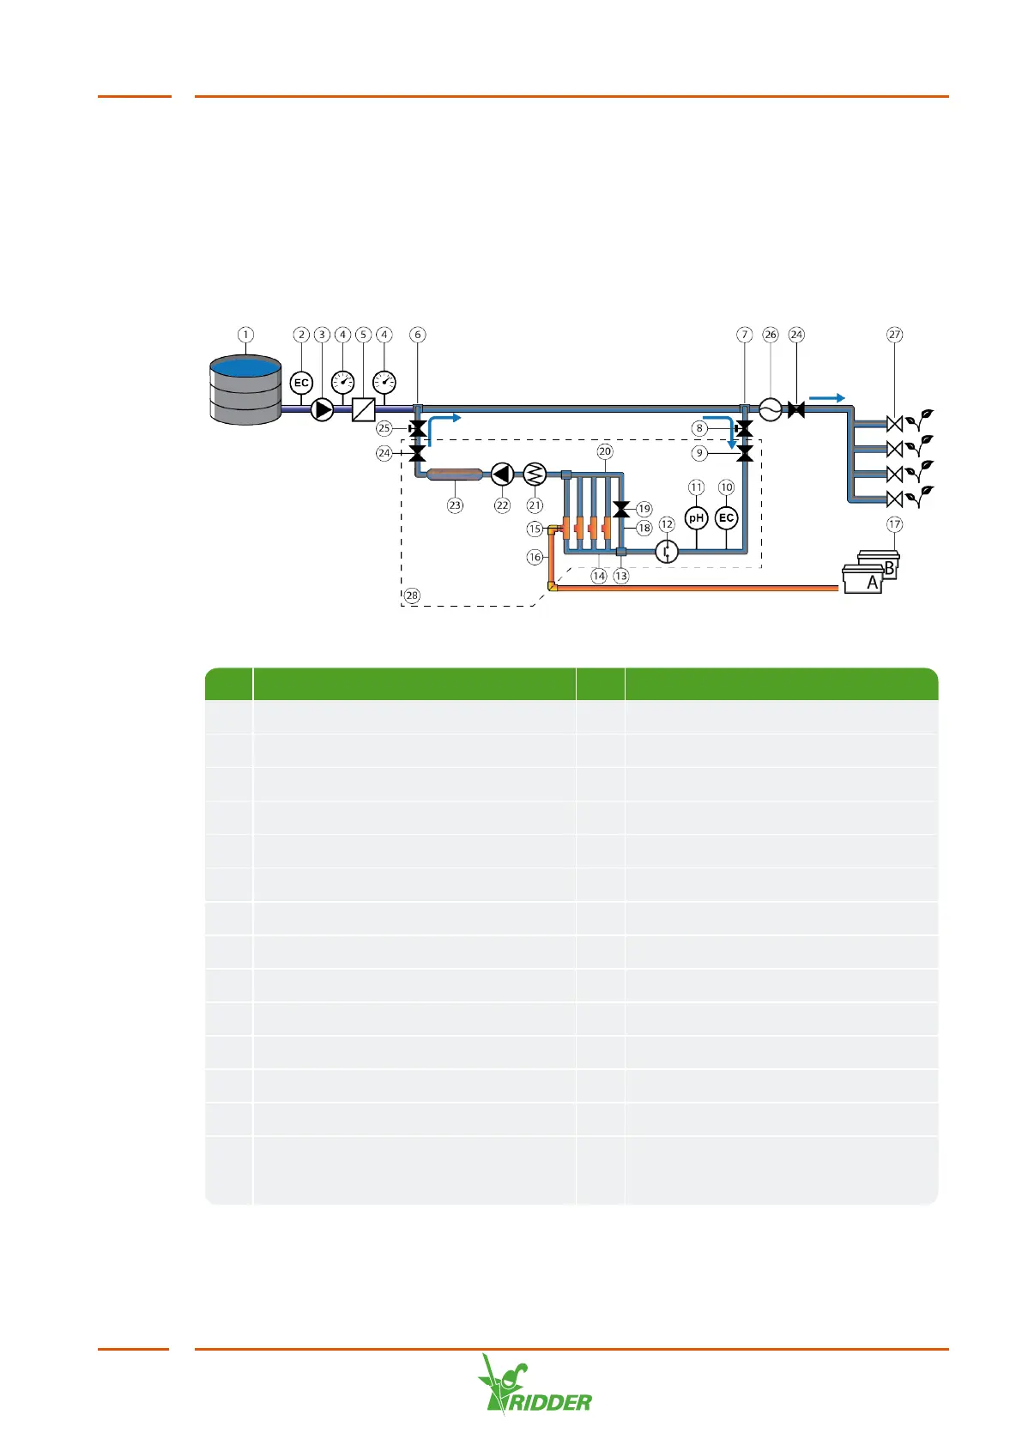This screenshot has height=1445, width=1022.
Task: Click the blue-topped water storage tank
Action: [x=245, y=390]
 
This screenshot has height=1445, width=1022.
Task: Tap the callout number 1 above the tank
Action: [x=246, y=335]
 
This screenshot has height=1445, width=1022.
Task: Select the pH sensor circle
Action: [x=696, y=518]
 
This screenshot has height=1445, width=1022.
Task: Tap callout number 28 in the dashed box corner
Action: [x=412, y=596]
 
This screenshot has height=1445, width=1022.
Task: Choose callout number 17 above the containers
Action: [x=895, y=524]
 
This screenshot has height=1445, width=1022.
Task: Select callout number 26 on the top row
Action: [x=771, y=335]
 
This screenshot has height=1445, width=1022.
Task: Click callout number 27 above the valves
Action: [x=895, y=335]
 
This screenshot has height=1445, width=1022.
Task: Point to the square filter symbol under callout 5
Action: [x=364, y=409]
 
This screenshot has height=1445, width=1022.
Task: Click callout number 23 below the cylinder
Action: [x=455, y=505]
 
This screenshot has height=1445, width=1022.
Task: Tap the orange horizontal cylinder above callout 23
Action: [x=455, y=474]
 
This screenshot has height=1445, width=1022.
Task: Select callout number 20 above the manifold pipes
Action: [x=605, y=451]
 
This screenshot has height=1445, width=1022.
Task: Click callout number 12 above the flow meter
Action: [x=667, y=524]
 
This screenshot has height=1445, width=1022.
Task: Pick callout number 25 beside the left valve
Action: [x=384, y=428]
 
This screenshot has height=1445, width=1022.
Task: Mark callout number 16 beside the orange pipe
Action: [x=535, y=557]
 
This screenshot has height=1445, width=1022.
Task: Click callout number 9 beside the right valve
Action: [x=700, y=453]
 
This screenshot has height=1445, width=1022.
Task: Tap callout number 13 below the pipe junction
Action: [x=621, y=577]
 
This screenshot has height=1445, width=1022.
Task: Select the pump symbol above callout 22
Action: [x=502, y=474]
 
